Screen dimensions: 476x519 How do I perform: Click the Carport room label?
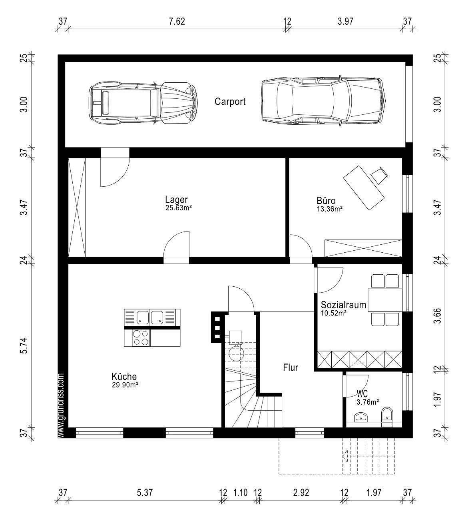point(230,102)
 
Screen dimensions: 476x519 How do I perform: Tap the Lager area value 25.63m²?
point(179,208)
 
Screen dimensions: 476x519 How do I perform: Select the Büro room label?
point(326,201)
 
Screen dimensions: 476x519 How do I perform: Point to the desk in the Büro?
point(364,188)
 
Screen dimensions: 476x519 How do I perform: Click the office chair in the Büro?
point(380,175)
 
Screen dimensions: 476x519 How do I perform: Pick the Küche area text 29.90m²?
point(125,385)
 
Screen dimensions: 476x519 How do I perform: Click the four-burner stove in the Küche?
point(141,338)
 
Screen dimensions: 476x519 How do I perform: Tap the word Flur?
point(291,367)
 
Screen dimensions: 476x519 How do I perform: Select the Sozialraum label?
point(344,305)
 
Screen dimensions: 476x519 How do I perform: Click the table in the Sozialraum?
point(385,300)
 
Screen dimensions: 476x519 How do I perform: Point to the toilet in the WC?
point(387,417)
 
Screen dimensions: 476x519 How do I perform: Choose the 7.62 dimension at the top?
point(177,21)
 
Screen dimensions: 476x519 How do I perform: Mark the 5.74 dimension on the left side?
point(24,345)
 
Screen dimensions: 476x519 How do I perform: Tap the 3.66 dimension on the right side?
point(437,315)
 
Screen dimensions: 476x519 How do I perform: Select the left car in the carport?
point(143,102)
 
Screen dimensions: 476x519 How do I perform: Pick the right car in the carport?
point(323,101)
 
